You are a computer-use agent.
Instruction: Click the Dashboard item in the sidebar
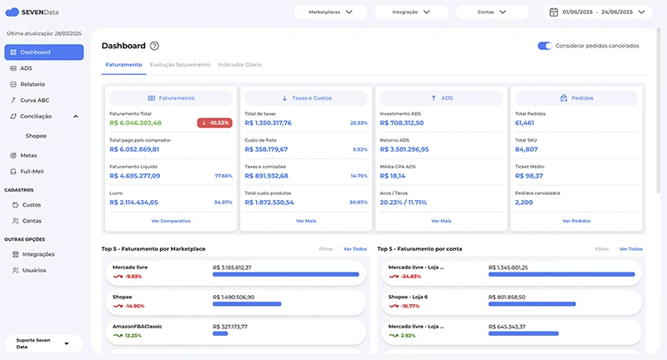44,52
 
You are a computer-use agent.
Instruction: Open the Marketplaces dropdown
331,12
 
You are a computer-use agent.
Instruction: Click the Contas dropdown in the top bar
492,12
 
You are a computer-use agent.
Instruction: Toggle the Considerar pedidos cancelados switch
545,46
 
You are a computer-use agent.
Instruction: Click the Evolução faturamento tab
180,64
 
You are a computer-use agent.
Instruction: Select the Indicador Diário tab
239,64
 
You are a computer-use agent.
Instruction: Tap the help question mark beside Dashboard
154,46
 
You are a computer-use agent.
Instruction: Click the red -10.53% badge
214,122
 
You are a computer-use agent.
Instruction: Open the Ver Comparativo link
171,221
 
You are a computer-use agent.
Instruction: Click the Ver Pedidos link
577,221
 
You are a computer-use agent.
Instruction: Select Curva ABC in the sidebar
34,100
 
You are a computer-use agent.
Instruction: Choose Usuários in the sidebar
34,270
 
